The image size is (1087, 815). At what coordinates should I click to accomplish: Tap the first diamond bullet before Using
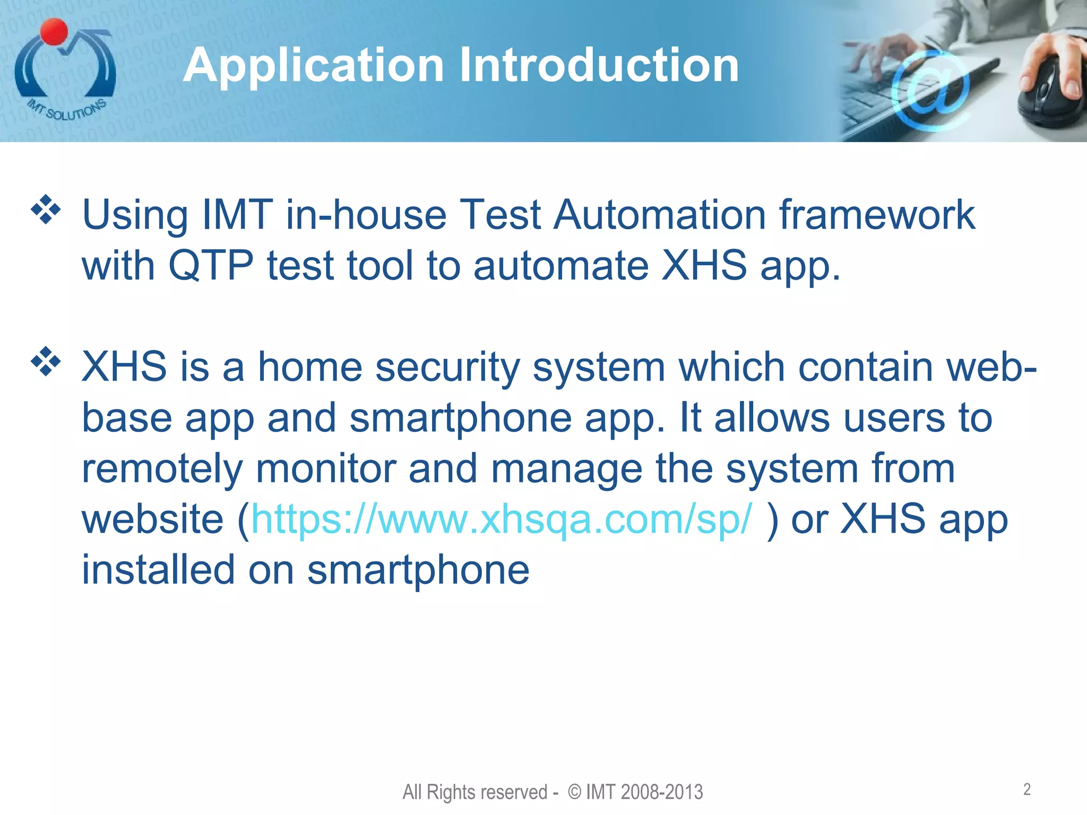coord(46,210)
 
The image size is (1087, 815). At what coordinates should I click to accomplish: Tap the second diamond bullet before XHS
coord(46,361)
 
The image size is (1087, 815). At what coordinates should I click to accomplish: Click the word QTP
coord(211,265)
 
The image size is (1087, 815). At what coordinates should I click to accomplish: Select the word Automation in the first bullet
coord(659,214)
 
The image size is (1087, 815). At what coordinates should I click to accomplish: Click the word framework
coord(877,214)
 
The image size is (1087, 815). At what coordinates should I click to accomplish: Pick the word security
coord(447,367)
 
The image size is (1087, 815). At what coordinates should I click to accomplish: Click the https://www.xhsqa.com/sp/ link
coord(501,519)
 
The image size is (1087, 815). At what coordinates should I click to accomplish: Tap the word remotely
coord(162,469)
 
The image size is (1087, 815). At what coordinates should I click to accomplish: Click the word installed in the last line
coord(158,569)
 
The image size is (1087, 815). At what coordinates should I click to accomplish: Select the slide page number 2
coord(1027,790)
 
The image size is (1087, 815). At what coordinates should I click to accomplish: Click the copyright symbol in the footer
coord(574,792)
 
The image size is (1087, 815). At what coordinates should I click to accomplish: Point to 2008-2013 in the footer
coord(661,792)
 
